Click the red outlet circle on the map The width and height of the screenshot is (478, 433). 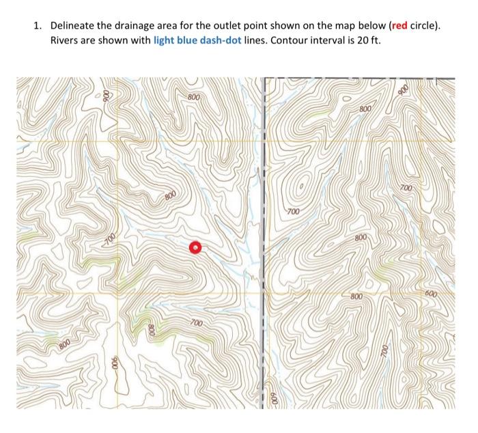[195, 247]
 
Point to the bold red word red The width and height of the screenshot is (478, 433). [399, 26]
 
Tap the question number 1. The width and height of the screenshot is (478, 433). [38, 26]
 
